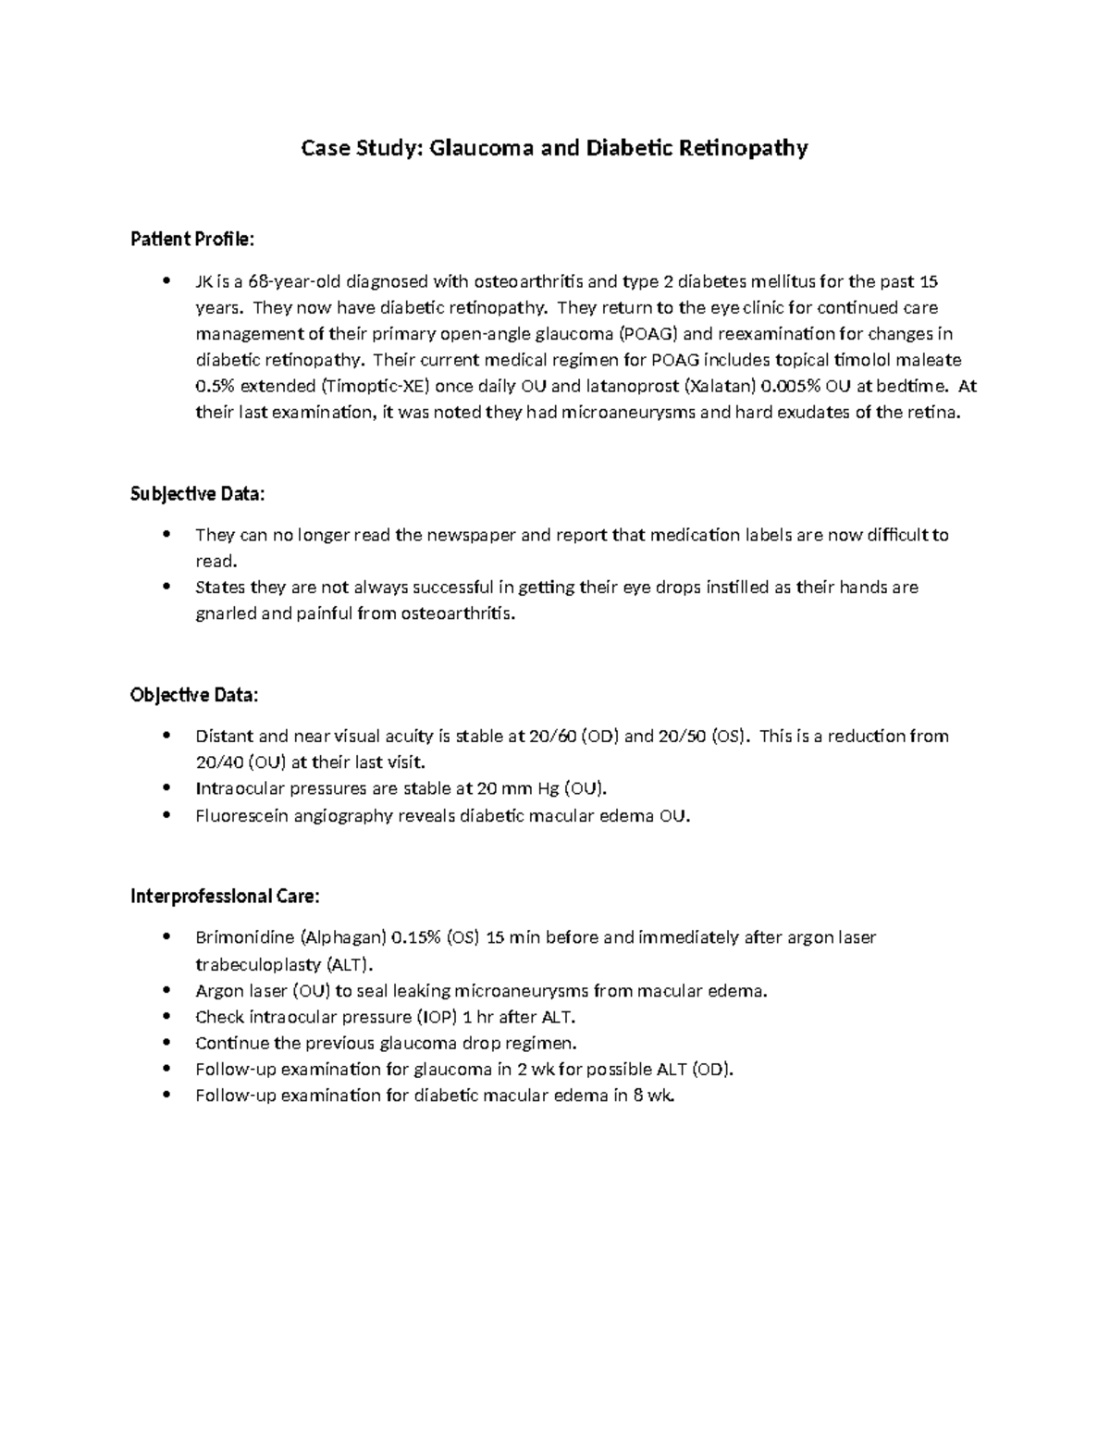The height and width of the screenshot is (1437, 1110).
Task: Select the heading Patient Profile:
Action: click(191, 240)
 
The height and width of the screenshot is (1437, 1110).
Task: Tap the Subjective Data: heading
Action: click(197, 494)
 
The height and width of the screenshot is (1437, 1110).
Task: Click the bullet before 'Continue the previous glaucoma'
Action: click(166, 1042)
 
